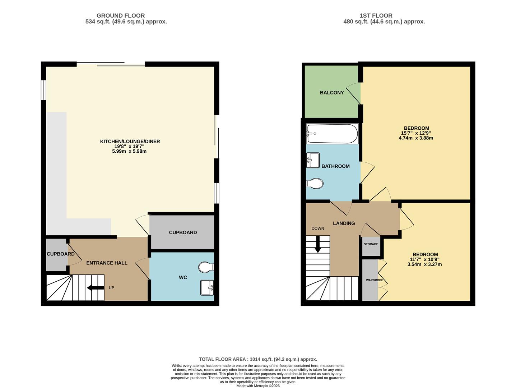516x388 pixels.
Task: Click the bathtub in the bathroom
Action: point(332,134)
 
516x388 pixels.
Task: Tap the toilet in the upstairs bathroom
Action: point(315,184)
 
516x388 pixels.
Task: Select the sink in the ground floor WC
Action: point(207,287)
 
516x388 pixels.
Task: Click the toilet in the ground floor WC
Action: point(206,267)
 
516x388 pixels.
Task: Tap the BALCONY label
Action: point(332,93)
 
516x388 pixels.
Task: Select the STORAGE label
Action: point(371,244)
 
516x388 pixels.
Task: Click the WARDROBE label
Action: point(374,280)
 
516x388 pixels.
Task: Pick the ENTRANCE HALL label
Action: point(107,263)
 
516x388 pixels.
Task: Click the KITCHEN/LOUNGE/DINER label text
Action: point(130,142)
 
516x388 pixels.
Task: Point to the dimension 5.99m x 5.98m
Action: point(129,151)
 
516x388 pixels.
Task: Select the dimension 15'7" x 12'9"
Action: point(417,133)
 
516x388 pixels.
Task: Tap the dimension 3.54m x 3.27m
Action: point(424,264)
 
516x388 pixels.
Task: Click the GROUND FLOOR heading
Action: point(121,15)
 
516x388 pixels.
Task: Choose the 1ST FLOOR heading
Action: point(376,15)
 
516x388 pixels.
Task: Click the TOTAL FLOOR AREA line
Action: point(258,359)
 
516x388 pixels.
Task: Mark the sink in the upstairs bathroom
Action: point(313,160)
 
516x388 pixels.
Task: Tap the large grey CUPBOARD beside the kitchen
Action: point(182,232)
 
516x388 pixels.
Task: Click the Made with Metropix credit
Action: point(258,386)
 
